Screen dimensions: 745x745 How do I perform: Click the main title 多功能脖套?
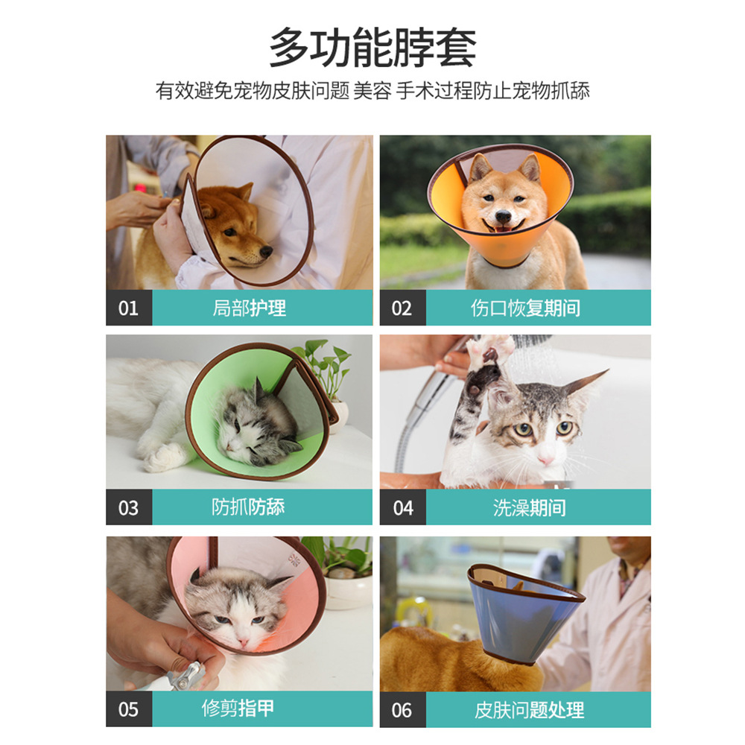click(x=373, y=48)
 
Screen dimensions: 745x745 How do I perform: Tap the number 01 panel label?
click(x=128, y=308)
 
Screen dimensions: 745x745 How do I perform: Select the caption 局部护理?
click(x=249, y=308)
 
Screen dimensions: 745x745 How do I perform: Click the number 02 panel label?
click(x=402, y=308)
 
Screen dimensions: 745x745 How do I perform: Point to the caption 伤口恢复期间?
click(x=525, y=308)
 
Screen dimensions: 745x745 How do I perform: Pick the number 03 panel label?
click(x=128, y=508)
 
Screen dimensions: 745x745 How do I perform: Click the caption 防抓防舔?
click(x=248, y=507)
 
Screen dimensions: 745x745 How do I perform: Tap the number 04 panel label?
click(x=403, y=508)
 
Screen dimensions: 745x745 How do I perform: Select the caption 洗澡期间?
click(x=530, y=508)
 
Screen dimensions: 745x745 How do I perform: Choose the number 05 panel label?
click(x=128, y=709)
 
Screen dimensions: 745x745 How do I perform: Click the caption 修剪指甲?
click(x=238, y=708)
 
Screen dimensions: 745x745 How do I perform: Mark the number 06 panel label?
click(x=402, y=710)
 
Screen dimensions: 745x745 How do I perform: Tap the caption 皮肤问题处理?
click(x=529, y=710)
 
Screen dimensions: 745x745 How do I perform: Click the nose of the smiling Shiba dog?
click(x=503, y=217)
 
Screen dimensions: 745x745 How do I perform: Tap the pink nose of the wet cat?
click(x=545, y=460)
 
